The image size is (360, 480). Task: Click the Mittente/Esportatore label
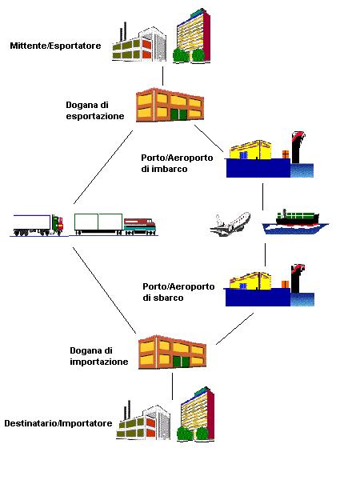55,46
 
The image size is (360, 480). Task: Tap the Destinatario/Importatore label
58,423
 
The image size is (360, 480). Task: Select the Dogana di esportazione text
95,110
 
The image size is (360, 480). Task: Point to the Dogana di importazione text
99,356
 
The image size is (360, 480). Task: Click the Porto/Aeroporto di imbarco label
177,163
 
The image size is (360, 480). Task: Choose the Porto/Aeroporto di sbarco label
178,292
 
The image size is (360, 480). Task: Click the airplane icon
230,224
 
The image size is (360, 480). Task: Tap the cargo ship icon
295,222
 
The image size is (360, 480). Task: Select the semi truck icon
38,226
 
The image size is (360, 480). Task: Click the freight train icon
115,224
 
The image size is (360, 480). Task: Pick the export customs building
170,105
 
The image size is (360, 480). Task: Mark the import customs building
172,352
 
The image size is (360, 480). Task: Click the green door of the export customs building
178,114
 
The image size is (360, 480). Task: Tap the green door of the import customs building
181,362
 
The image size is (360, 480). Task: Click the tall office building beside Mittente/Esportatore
192,36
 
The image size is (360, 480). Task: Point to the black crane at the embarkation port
298,147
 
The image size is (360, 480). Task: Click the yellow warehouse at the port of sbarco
250,280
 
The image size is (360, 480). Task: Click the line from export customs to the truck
103,167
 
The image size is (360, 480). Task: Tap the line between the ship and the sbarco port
265,255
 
